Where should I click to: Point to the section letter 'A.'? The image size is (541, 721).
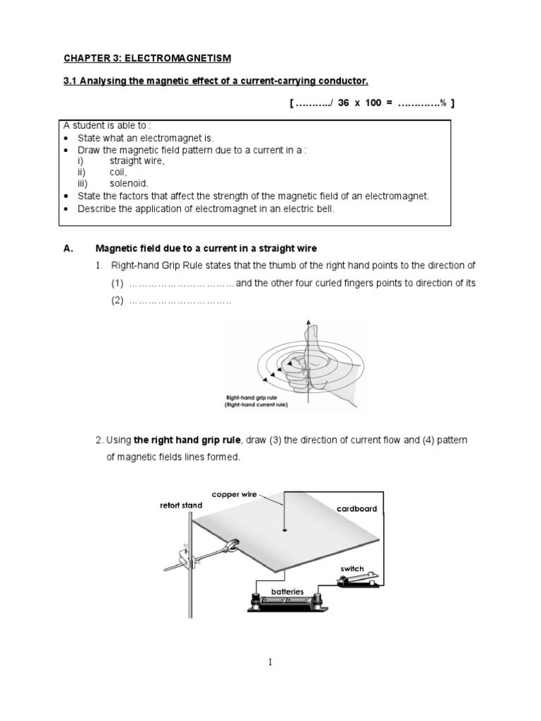coord(68,248)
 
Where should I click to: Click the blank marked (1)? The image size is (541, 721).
coord(181,284)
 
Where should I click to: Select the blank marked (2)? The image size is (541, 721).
coord(180,301)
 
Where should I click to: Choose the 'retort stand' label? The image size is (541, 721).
coord(180,505)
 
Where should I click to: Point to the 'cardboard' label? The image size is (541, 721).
coord(356,508)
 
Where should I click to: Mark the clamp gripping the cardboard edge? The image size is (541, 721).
coord(230,544)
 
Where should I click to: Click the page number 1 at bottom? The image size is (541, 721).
coord(270,662)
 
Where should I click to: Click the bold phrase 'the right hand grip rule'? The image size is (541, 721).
coord(187,440)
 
